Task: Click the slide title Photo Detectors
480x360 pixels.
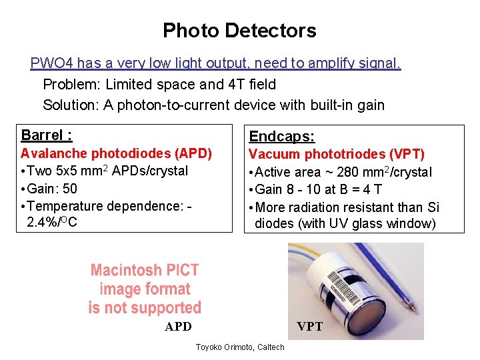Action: click(239, 31)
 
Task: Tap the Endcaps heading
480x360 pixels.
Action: click(282, 137)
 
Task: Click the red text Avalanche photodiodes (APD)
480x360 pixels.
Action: click(116, 154)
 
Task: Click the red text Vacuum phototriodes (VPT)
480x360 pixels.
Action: click(336, 155)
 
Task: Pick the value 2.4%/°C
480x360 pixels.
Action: click(52, 222)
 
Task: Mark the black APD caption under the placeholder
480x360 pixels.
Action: click(178, 327)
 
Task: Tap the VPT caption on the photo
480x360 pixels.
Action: click(309, 327)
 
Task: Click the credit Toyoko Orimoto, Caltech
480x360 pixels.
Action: click(239, 347)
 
